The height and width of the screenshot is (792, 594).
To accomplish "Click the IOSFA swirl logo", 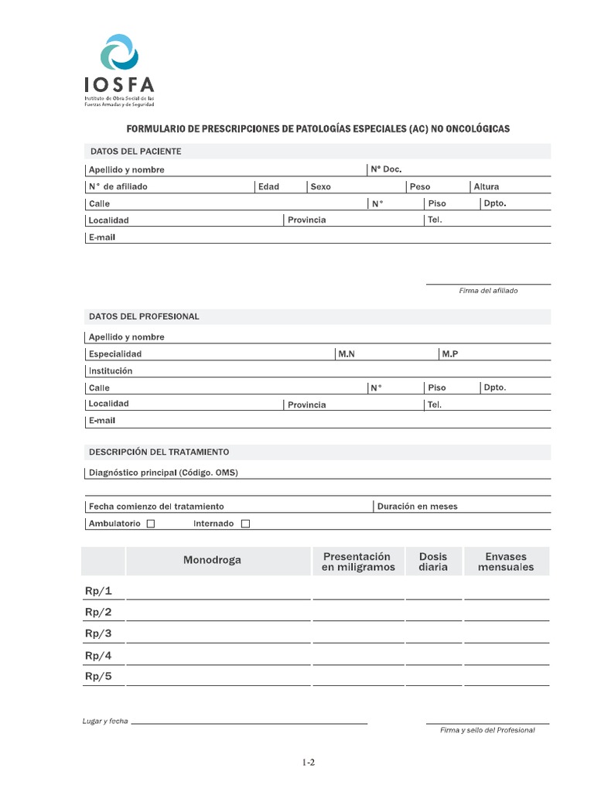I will click(120, 53).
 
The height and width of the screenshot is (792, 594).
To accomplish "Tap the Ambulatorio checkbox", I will click(151, 524).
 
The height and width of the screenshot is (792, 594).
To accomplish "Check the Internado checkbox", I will click(246, 524).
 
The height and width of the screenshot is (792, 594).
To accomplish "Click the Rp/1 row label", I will click(98, 591).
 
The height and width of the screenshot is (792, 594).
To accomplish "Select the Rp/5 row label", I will click(98, 676).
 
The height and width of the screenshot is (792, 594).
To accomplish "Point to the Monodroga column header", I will click(212, 560).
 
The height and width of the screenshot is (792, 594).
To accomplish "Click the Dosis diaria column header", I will click(433, 562).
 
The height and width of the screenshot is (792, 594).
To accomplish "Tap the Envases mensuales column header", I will click(506, 562).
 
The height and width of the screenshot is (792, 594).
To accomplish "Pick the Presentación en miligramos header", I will click(358, 562).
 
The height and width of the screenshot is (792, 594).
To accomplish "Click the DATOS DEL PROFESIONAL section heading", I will click(145, 316).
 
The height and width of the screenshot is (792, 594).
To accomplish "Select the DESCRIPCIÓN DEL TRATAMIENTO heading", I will click(159, 452).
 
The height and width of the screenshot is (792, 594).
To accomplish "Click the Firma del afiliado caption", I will click(488, 291).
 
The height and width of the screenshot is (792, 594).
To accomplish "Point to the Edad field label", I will click(268, 186).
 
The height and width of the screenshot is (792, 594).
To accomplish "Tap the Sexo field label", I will click(320, 186).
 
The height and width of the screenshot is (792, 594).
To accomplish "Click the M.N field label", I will click(346, 353).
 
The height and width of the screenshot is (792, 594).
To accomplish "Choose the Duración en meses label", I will click(417, 507).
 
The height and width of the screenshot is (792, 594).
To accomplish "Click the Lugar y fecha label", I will click(105, 722).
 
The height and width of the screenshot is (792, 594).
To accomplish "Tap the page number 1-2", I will click(309, 762).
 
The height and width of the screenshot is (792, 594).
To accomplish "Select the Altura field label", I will click(486, 186).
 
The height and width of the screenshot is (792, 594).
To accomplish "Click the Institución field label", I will click(111, 370).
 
